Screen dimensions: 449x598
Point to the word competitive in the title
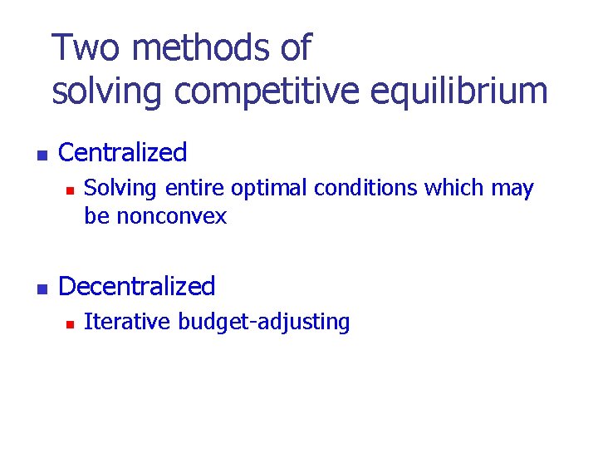[267, 91]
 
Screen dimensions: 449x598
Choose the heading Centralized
[123, 153]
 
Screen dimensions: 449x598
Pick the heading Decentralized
[137, 287]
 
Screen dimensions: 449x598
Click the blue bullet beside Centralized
[40, 155]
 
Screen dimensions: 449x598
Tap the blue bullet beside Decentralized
[40, 289]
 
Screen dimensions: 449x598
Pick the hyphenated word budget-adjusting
[261, 323]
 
